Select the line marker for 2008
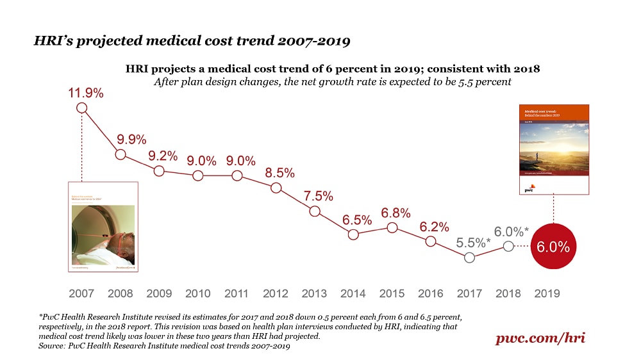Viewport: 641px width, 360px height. (121, 154)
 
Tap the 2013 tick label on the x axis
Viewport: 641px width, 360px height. (314, 293)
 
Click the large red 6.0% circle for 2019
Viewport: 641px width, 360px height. (553, 247)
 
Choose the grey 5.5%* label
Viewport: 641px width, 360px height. (473, 243)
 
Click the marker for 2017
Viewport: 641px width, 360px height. (469, 258)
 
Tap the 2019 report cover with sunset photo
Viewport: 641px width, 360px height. (553, 149)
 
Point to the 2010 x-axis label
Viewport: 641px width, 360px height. (198, 293)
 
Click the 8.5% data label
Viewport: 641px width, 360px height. (279, 172)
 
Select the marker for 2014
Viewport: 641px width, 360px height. (353, 234)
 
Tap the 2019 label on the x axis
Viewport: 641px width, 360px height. (547, 293)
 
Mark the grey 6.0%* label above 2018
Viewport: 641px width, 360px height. (511, 231)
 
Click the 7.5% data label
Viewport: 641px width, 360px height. (317, 197)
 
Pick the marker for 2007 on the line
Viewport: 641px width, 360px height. (81, 108)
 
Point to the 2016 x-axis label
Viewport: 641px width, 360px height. (431, 293)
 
